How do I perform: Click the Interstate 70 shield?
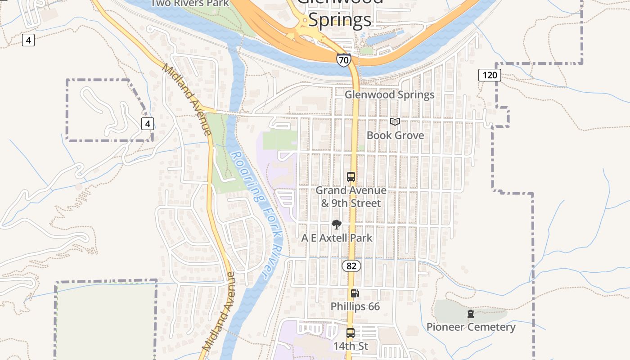point(343,59)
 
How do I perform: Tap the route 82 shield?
point(351,266)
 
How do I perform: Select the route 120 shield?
point(489,75)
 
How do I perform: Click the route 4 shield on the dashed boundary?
point(148,123)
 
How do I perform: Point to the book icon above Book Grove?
point(395,121)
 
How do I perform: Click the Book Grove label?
point(395,135)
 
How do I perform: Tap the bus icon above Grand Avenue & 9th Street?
point(351,177)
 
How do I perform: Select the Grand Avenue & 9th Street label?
point(351,197)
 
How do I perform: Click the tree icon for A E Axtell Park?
point(336,225)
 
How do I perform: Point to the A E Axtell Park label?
point(337,238)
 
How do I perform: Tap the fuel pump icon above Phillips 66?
point(355,293)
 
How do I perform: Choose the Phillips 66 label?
point(355,306)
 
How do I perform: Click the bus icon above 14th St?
point(351,333)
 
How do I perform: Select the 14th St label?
point(351,346)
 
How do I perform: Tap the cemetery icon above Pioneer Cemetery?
point(471,314)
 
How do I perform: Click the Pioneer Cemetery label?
point(471,327)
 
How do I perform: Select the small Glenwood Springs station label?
point(389,94)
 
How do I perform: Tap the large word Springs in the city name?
point(340,19)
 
